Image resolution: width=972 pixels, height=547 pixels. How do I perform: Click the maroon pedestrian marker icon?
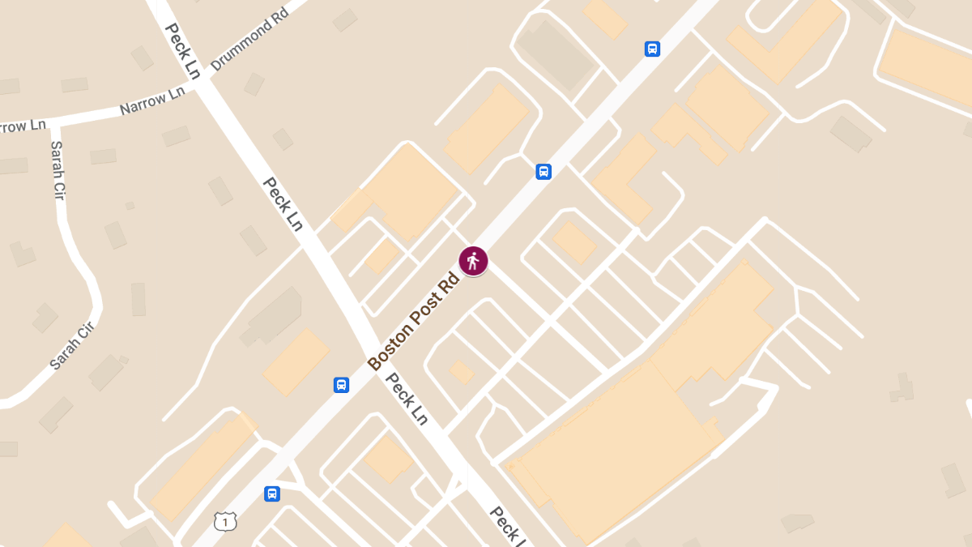coord(473,260)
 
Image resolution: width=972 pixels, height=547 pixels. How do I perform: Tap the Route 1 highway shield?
coord(225,521)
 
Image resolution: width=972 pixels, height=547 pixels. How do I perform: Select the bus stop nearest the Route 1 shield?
coord(272,494)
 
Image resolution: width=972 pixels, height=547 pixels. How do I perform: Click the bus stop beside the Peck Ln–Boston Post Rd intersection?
coord(342,384)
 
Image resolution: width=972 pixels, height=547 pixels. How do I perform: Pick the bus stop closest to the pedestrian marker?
coord(544,172)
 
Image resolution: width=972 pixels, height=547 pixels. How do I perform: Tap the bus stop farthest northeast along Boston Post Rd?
coord(652,49)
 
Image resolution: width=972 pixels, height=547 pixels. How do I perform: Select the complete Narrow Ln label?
coord(152,101)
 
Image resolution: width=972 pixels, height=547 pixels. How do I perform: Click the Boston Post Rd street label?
coord(413,322)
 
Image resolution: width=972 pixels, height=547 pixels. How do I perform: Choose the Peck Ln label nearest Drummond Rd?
coord(182,50)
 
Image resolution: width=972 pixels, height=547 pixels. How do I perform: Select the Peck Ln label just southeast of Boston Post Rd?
coord(406,398)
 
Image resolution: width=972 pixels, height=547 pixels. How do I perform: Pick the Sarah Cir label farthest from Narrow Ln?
coord(73,345)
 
